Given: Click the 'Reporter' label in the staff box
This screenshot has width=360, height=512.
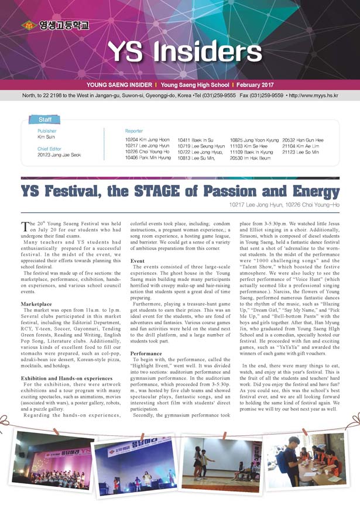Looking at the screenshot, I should pos(135,131).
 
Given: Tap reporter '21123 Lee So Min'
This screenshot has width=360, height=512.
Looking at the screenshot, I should pos(301,152).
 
